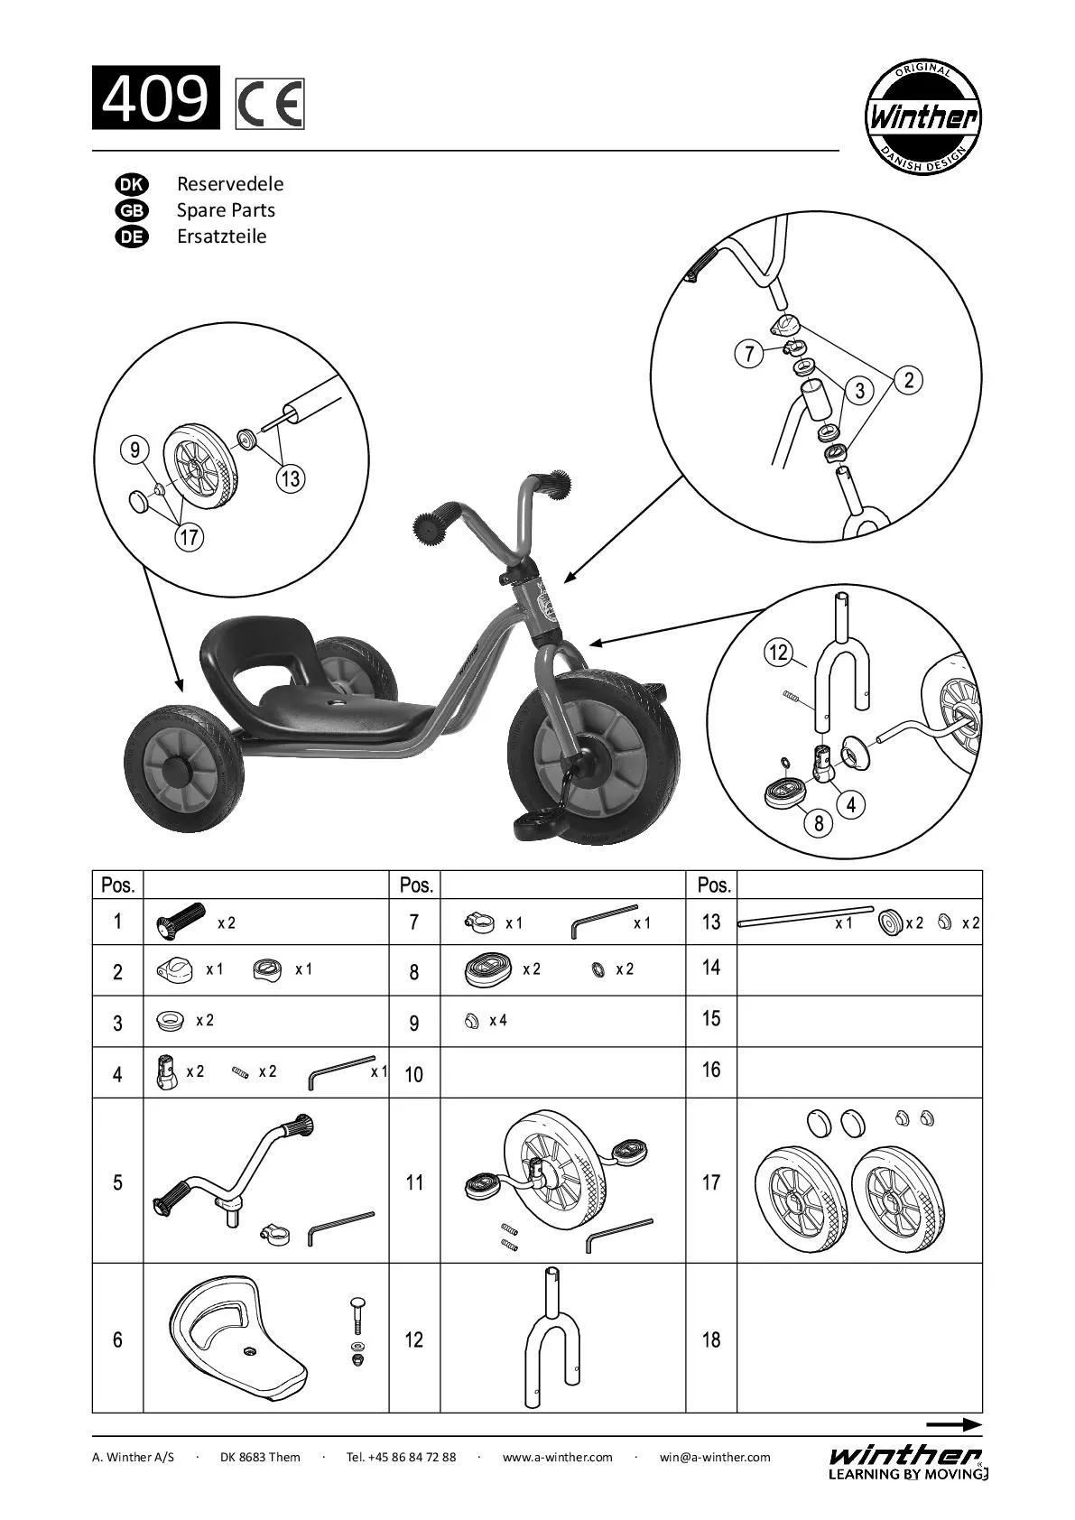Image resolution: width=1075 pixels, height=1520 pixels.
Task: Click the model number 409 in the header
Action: [x=155, y=98]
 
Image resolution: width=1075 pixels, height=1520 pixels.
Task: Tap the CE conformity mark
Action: [x=270, y=105]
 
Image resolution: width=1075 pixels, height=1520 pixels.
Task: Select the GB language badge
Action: [x=131, y=210]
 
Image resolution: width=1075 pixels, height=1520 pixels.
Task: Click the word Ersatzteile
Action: [x=221, y=236]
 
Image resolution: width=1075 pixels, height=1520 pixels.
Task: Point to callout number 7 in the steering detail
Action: [x=749, y=354]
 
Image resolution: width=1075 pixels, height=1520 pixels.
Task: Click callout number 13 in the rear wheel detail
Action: [x=291, y=478]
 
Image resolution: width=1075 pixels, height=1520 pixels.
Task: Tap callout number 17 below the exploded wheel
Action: [x=189, y=538]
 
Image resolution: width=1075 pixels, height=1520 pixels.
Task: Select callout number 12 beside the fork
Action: [x=778, y=652]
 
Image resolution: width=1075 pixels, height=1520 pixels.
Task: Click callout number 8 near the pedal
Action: [x=819, y=822]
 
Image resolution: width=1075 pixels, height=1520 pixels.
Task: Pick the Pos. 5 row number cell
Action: [x=117, y=1182]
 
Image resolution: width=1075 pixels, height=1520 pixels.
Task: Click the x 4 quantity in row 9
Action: [x=498, y=1021]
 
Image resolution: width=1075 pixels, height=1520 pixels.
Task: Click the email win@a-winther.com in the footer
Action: [x=715, y=1457]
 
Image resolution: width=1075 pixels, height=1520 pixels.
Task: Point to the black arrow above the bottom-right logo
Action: [x=953, y=1425]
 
